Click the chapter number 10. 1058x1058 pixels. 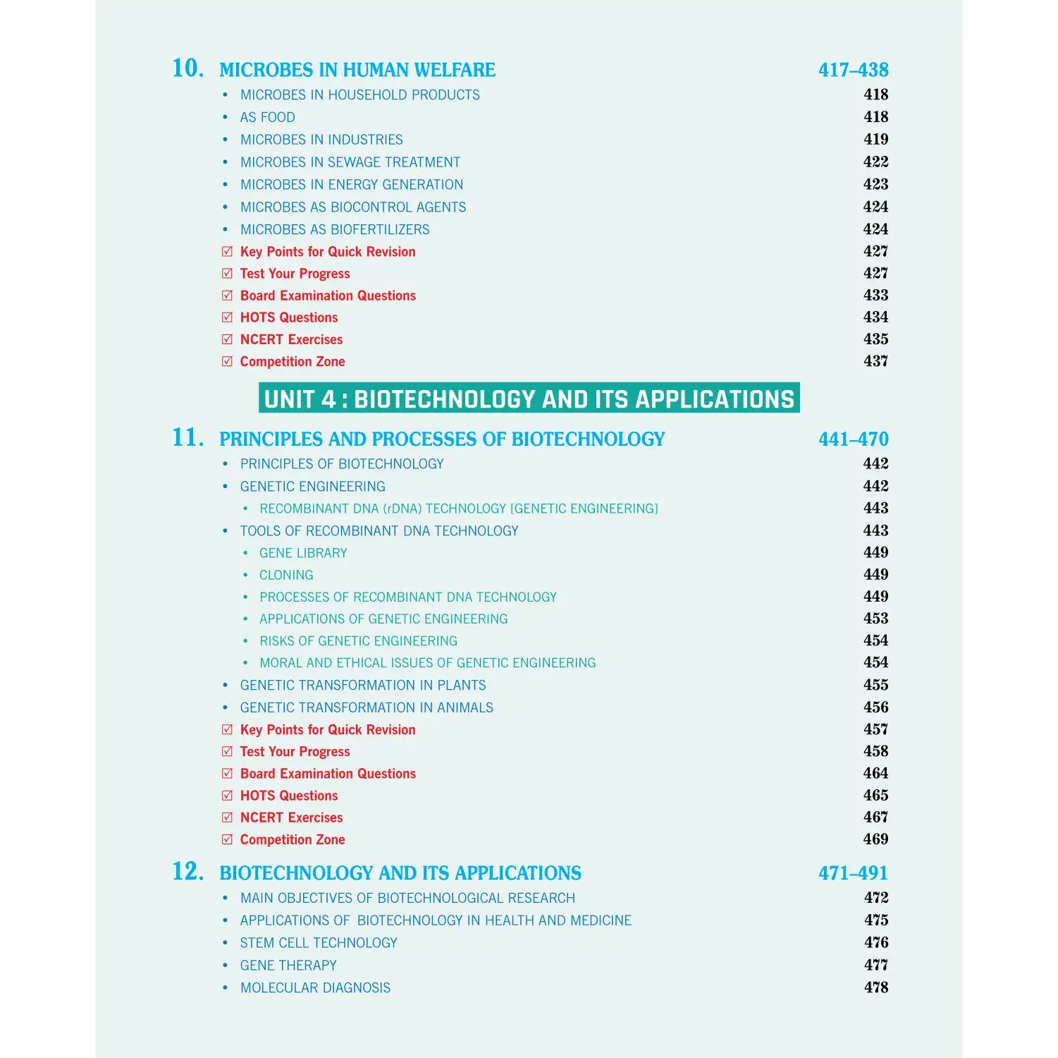(187, 68)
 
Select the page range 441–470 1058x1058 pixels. (853, 439)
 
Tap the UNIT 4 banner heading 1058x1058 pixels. (529, 399)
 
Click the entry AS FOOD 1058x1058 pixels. (267, 117)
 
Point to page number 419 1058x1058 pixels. (875, 140)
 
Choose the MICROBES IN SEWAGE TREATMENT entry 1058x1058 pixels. (350, 162)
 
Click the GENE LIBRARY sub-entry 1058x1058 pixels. (303, 553)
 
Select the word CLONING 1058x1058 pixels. (286, 575)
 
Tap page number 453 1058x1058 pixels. (875, 619)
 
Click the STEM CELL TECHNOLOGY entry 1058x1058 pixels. (318, 943)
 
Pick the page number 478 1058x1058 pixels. (875, 987)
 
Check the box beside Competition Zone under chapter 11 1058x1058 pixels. (227, 839)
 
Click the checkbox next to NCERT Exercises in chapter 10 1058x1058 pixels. (227, 339)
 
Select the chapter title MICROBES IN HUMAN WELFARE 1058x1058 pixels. (357, 70)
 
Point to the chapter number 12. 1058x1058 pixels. (187, 872)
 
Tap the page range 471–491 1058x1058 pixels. (853, 873)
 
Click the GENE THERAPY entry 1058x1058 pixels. (288, 966)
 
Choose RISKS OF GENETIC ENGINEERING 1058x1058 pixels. (358, 641)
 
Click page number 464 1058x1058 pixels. (875, 774)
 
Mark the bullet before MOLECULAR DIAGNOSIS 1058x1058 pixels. (225, 988)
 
